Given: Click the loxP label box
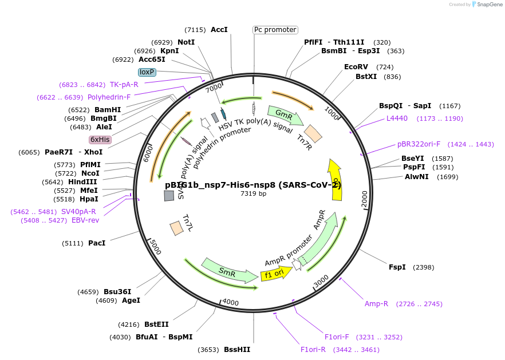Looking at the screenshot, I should click(x=147, y=72).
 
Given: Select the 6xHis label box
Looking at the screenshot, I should click(x=100, y=139).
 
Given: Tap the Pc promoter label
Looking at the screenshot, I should click(x=275, y=30).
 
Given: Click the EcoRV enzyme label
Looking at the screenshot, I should click(x=356, y=67).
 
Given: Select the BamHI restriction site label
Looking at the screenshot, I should click(x=108, y=109).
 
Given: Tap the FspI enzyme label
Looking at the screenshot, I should click(x=397, y=267).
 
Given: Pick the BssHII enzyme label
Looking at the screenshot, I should click(x=237, y=350).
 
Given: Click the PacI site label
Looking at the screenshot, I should click(x=97, y=243).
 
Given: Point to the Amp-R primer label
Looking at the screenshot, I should click(x=376, y=304).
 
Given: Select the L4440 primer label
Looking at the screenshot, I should click(x=397, y=118).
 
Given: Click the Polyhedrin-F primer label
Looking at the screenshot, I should click(x=109, y=97).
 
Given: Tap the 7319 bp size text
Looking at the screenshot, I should click(x=253, y=193).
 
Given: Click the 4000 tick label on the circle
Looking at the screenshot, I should click(x=230, y=302).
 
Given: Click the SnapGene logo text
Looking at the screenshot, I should click(x=488, y=5).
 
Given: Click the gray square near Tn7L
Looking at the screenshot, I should click(x=169, y=196).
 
